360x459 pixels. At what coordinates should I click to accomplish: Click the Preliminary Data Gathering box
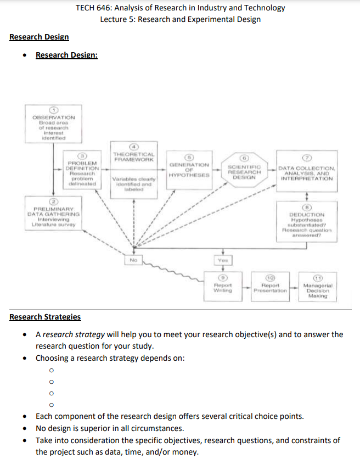[54, 214]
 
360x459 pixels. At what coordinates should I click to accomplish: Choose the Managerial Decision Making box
[318, 288]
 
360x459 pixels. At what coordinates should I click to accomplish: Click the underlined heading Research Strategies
[45, 317]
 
